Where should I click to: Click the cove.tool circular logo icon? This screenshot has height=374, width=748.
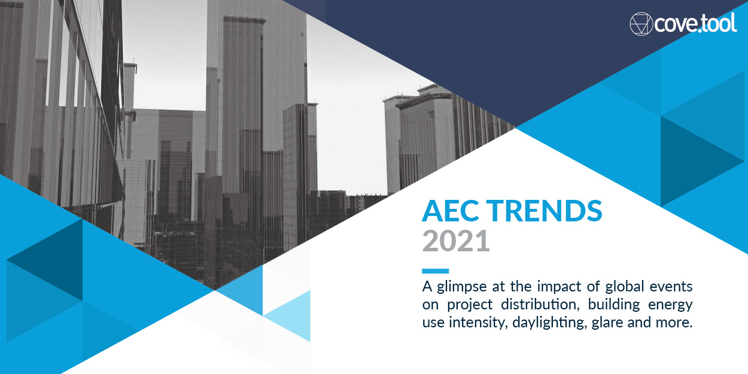(x=641, y=23)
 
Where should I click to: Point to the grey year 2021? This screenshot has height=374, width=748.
(x=456, y=241)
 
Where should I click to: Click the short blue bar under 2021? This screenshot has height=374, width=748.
(x=435, y=271)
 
